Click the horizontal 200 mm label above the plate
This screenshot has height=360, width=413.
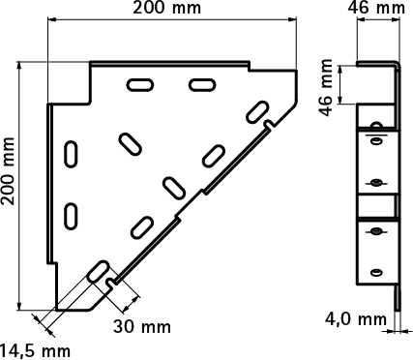(x=166, y=8)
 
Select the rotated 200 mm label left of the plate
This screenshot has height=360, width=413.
(x=8, y=171)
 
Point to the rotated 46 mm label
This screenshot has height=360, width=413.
(x=326, y=87)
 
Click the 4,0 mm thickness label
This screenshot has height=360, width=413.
(x=356, y=319)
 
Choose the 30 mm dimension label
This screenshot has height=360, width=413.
(x=142, y=327)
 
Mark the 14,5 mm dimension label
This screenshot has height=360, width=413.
(x=35, y=351)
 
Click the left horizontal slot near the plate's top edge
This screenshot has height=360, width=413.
(x=140, y=85)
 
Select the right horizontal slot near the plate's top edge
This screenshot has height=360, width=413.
(x=202, y=85)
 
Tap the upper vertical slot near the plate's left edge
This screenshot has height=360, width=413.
(x=71, y=154)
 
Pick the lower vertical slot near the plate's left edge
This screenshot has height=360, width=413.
(x=71, y=216)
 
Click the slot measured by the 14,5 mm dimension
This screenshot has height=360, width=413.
(x=98, y=272)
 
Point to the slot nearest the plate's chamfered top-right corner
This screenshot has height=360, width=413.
(x=257, y=112)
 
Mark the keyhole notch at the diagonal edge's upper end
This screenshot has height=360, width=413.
(x=270, y=124)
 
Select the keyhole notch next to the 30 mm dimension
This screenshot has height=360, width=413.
(x=111, y=283)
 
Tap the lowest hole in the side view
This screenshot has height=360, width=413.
(x=375, y=272)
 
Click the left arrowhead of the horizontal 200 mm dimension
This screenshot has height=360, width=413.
(x=52, y=19)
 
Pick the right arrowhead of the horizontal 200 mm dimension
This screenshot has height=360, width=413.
(x=292, y=19)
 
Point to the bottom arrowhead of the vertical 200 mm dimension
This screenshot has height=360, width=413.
(x=20, y=306)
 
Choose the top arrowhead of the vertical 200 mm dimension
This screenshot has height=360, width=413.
(x=20, y=66)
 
